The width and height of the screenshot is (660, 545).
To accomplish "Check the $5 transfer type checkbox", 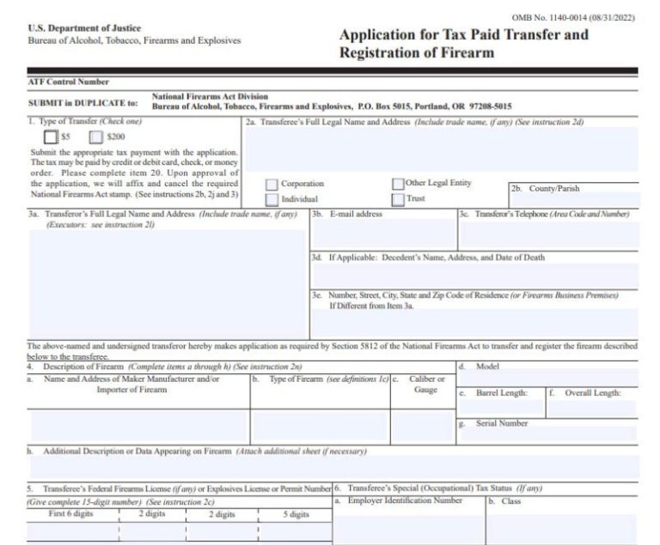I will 52,136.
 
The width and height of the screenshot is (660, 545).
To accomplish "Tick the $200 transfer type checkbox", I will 95,136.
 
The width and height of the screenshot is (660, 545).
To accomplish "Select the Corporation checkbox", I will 272,185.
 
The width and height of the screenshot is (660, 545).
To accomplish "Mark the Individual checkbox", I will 272,199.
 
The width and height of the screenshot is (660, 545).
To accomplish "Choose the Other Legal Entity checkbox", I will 398,184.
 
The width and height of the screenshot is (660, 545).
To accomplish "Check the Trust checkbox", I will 398,199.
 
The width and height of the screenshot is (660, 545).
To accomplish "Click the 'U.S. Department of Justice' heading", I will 84,28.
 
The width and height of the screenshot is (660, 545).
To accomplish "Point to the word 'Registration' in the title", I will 378,53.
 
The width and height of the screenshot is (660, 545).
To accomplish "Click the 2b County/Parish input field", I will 574,200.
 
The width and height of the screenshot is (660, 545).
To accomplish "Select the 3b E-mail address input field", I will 382,234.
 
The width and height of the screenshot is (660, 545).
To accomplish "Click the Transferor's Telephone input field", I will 547,234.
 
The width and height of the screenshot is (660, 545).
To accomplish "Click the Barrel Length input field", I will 500,409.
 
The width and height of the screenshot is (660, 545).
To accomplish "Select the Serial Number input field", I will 547,435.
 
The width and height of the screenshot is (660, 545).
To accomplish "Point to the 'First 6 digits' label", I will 72,514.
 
